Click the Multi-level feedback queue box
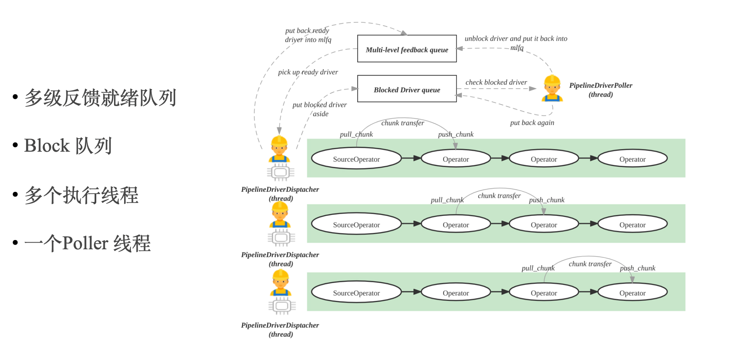407,49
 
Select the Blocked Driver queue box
407,89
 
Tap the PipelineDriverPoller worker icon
552,89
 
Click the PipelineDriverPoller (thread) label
600,90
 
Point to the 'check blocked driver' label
496,82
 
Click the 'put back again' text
532,123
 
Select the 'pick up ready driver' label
308,72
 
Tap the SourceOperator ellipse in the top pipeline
356,159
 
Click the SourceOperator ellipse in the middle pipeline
356,224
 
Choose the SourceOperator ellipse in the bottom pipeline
356,293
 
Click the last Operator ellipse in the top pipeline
632,159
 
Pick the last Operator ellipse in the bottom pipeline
632,293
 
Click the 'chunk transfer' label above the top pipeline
402,123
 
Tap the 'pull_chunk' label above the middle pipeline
447,200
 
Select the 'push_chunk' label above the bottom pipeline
638,268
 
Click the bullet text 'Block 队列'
68,146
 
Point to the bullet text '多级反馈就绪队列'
100,98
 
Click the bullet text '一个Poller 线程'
87,243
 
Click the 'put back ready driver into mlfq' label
308,35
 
